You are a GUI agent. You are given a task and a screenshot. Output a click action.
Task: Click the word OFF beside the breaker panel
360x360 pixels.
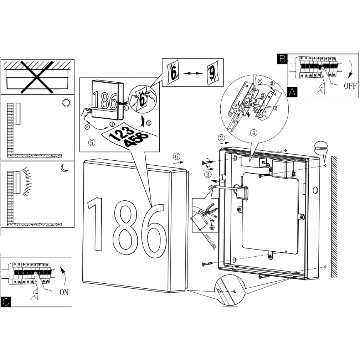[x=350, y=86]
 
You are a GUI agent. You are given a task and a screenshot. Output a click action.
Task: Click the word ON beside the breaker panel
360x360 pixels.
[x=64, y=292]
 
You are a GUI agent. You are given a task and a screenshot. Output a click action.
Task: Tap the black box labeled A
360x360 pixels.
[x=292, y=92]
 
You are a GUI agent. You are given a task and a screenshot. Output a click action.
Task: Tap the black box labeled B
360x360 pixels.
[x=282, y=59]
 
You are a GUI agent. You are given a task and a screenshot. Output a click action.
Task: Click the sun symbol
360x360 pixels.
[x=65, y=103]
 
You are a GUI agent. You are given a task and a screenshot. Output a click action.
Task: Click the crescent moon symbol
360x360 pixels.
[x=64, y=168]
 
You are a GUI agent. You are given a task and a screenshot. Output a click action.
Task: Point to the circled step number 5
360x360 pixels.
[x=92, y=142]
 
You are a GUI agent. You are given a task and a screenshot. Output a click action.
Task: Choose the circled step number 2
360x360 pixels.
[x=221, y=138]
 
